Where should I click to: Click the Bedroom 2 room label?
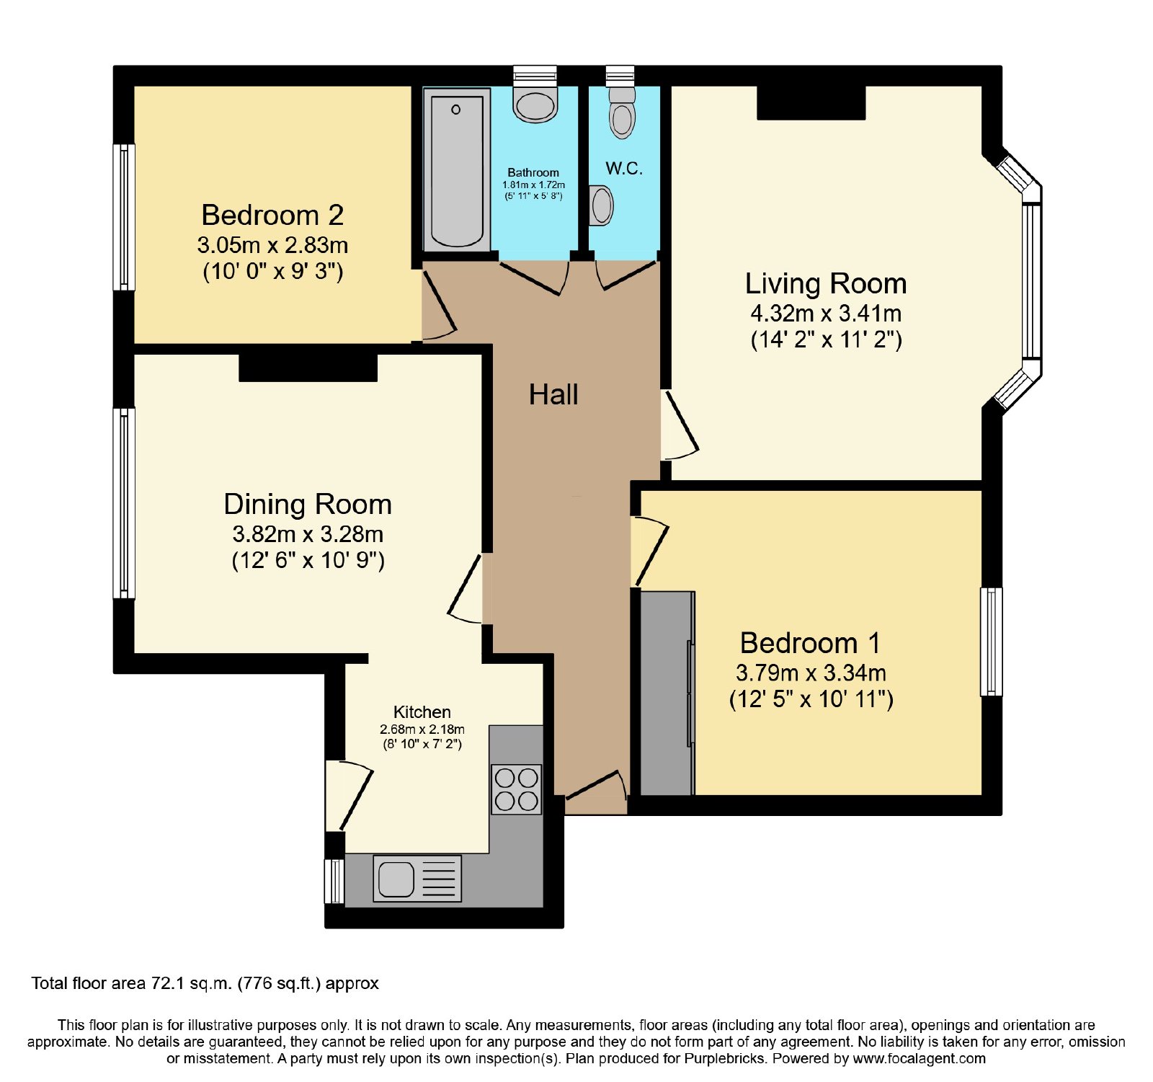[x=272, y=215]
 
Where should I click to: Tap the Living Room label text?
[x=826, y=284]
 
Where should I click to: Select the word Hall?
[x=553, y=394]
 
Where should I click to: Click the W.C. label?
[x=624, y=168]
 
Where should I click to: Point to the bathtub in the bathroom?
[x=457, y=171]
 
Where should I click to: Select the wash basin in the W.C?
[x=601, y=205]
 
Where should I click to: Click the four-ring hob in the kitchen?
[x=517, y=789]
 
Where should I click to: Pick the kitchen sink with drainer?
[x=417, y=878]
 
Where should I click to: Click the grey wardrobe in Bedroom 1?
[x=667, y=693]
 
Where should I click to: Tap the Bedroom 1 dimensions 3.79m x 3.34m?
[x=811, y=673]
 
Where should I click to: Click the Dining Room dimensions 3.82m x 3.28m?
[x=308, y=534]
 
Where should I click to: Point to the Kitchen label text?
[x=422, y=712]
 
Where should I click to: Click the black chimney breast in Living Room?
[x=811, y=102]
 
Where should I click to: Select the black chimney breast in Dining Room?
[x=308, y=368]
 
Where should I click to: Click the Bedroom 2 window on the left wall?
[x=125, y=217]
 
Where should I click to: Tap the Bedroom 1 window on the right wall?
[x=992, y=642]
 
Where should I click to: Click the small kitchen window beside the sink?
[x=334, y=881]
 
